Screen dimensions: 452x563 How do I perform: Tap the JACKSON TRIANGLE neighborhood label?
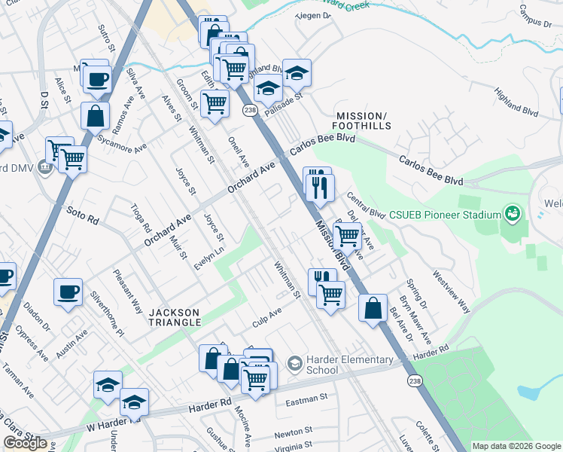[174, 317]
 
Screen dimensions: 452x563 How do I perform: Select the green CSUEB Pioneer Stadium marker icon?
[512, 215]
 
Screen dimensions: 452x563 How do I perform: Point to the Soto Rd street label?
[83, 215]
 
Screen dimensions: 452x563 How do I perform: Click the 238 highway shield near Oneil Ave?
[250, 111]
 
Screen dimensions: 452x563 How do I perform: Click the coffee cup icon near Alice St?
[98, 78]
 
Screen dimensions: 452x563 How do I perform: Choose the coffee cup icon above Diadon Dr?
[68, 292]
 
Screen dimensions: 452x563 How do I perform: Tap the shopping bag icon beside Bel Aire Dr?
[373, 308]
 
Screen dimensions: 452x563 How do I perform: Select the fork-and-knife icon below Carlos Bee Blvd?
[318, 184]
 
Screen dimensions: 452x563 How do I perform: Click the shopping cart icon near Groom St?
[215, 103]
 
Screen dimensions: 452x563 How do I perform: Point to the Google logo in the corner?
[25, 443]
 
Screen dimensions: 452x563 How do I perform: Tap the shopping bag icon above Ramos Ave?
[96, 116]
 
